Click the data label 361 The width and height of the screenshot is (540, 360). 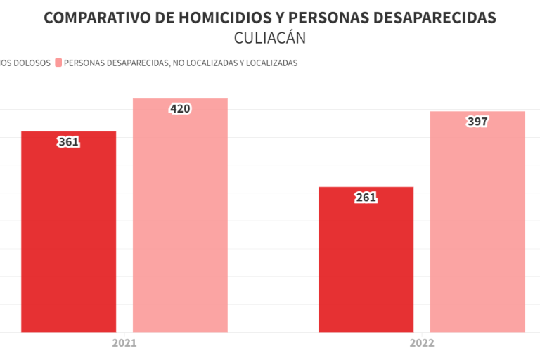[68, 142]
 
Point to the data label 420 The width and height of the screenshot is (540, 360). [180, 109]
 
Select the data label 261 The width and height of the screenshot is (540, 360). [366, 198]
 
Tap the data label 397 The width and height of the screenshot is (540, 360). [477, 122]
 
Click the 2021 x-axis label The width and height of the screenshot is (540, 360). [124, 344]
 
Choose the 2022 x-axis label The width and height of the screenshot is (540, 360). [422, 344]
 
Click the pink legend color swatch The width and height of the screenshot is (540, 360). [58, 63]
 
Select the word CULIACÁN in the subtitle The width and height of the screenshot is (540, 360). [270, 38]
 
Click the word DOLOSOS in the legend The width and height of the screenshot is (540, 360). [32, 63]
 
